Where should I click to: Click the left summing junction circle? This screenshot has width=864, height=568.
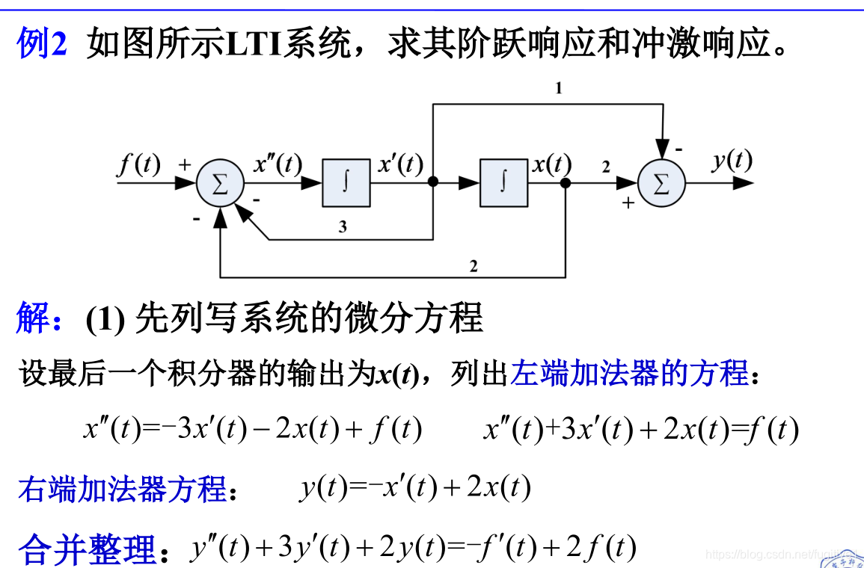tap(220, 183)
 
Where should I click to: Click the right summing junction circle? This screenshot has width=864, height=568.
tap(661, 183)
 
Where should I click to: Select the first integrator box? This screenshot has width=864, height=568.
tap(346, 183)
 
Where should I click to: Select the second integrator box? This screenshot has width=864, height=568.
tap(503, 183)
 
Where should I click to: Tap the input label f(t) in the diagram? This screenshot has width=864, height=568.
tap(139, 164)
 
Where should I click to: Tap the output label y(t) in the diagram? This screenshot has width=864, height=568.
tap(732, 159)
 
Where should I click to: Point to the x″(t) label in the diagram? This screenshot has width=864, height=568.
tap(278, 164)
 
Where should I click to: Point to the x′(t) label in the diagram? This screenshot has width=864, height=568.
tap(401, 164)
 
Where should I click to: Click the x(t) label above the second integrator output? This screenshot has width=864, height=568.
tap(551, 164)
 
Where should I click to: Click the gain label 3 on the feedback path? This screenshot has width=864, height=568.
tap(343, 227)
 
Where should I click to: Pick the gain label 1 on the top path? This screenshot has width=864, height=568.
tap(558, 88)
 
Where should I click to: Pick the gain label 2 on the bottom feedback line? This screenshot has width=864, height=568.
tap(473, 265)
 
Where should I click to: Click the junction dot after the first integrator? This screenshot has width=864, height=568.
tap(432, 182)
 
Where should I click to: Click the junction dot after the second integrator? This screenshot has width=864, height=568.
tap(566, 182)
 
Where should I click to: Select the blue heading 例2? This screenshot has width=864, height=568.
tap(42, 46)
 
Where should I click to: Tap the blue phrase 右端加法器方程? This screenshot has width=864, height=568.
tap(122, 490)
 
